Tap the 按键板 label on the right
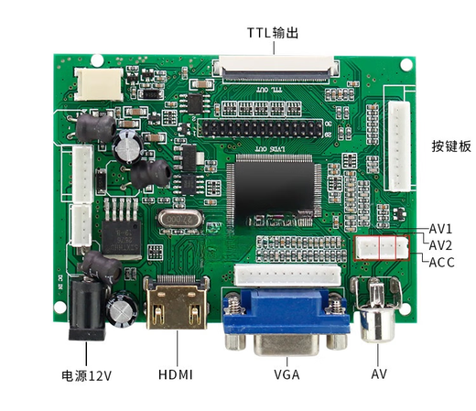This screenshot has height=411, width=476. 450,146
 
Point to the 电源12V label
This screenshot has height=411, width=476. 87,375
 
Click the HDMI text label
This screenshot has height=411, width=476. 176,375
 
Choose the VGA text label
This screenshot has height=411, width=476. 287,375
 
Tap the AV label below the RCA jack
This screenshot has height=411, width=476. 379,375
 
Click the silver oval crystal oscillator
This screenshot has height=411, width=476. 178,220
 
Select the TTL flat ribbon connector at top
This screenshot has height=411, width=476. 275,68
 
